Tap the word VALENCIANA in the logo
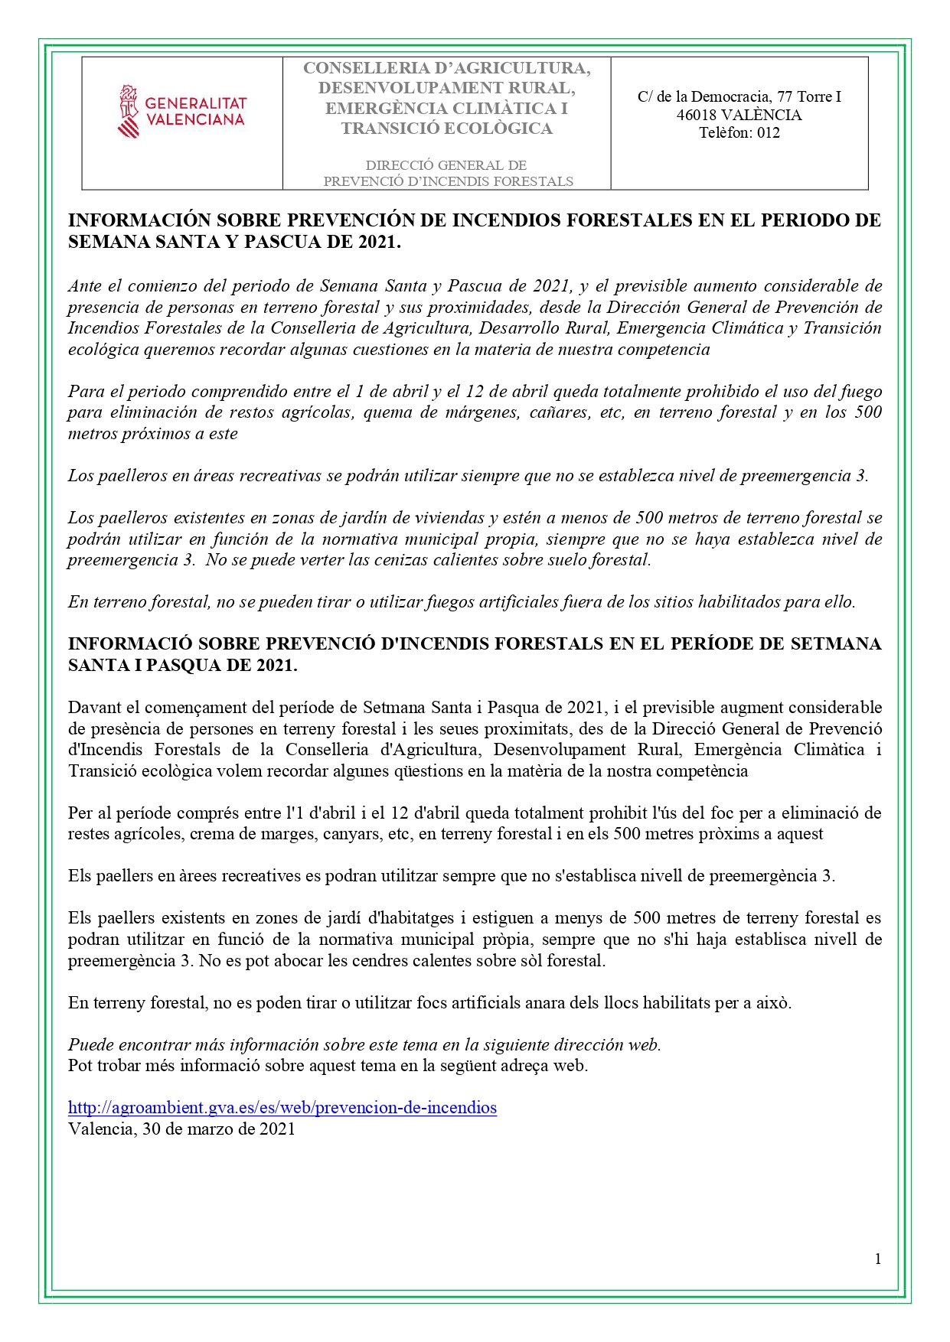click(194, 119)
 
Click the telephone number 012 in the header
click(768, 132)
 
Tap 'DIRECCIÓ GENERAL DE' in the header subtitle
click(446, 165)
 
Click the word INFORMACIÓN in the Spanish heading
click(139, 220)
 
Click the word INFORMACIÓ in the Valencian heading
click(130, 644)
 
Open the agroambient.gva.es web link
click(282, 1107)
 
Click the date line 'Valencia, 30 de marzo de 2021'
click(181, 1129)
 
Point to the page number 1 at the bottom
click(878, 1259)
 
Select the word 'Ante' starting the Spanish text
click(85, 286)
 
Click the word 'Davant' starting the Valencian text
click(93, 707)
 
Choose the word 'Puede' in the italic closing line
click(90, 1044)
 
